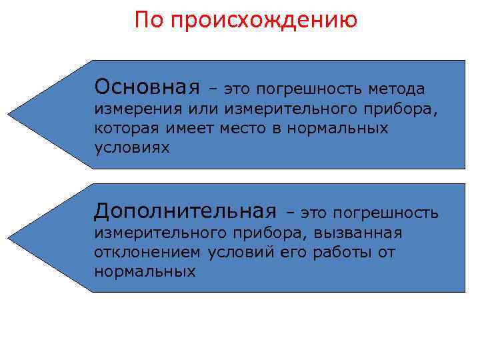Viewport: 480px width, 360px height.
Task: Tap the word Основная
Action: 147,87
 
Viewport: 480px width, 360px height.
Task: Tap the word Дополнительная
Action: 185,211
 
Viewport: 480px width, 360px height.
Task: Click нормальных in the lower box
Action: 145,271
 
